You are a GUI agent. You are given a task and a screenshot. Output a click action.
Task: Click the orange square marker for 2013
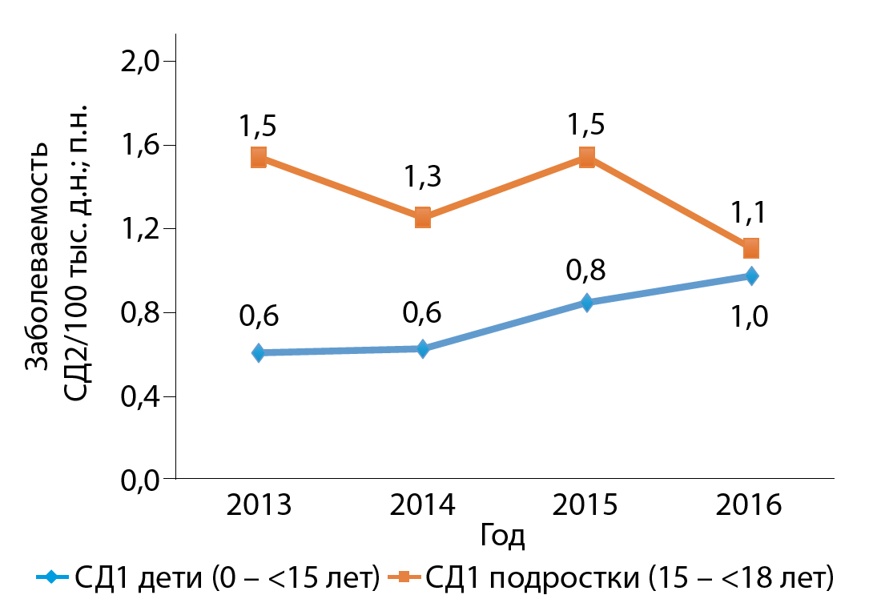click(259, 157)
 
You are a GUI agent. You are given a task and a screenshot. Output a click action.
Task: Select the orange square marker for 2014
click(423, 217)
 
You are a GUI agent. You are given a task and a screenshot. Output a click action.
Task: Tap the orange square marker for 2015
click(587, 157)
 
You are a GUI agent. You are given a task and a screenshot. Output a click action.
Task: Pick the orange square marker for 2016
click(751, 248)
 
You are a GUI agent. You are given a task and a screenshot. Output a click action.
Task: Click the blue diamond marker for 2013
click(259, 352)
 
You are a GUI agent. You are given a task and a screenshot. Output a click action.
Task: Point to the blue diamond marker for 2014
click(423, 348)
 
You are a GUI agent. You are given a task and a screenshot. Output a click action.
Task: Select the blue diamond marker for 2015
click(587, 303)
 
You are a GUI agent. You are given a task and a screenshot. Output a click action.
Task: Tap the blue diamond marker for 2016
click(751, 276)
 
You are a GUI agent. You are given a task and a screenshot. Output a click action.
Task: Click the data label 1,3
click(423, 176)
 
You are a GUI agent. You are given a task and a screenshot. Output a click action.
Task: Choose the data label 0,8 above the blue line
click(586, 269)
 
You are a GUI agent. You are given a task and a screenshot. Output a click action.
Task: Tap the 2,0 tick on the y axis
click(142, 62)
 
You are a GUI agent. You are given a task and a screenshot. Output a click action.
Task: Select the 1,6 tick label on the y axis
click(142, 146)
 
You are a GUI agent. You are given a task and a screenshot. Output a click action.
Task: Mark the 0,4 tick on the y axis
click(142, 396)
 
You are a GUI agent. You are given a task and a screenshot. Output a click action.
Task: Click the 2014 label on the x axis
click(423, 505)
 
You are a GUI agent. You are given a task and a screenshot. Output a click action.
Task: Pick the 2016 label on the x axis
click(750, 505)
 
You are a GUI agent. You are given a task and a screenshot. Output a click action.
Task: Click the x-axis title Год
click(503, 535)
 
